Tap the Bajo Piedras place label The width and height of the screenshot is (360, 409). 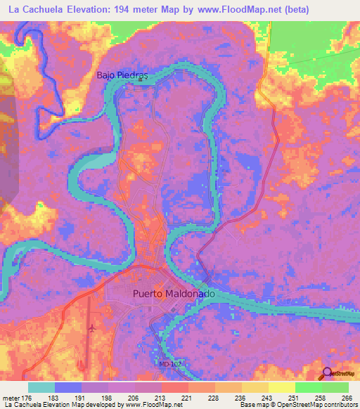point(124,74)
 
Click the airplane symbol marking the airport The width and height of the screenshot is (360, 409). point(92,327)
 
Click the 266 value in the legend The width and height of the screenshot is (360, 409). point(345,397)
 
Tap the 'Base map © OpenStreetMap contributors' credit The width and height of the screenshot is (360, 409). point(298,405)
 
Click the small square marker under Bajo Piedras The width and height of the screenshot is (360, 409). point(139,80)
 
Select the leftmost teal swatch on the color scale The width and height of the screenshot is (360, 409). point(41,387)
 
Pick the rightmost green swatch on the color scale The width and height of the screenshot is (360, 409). point(335,387)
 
